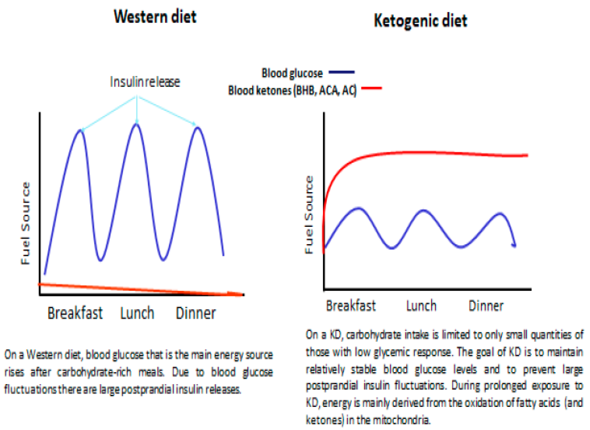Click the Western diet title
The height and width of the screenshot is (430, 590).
(x=155, y=17)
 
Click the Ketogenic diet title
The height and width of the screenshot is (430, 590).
(x=420, y=21)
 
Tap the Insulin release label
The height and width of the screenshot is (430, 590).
(x=145, y=82)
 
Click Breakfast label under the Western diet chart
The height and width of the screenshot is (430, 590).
(x=75, y=313)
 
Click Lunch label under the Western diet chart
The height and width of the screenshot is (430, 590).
(x=137, y=313)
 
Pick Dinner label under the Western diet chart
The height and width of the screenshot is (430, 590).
(x=196, y=313)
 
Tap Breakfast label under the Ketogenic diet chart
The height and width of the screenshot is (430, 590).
(x=351, y=306)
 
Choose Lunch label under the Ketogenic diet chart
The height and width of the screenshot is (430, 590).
(x=421, y=306)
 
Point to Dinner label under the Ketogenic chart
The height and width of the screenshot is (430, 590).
(x=486, y=306)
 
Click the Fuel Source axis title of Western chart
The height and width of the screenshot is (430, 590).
(x=25, y=223)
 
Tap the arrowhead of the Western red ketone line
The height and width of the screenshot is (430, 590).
(x=237, y=294)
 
